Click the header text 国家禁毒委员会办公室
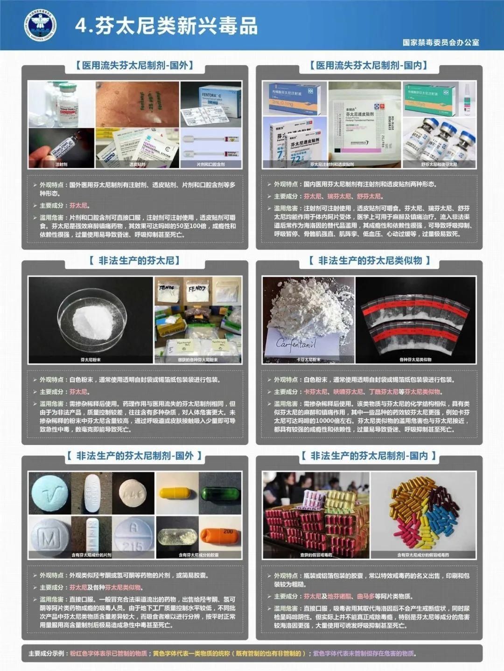[441, 42]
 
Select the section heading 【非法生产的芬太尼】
[134, 261]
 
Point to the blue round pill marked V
[49, 493]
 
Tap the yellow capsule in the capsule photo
[177, 493]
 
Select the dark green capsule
[220, 493]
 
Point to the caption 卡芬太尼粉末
[308, 360]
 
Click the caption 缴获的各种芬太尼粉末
[198, 360]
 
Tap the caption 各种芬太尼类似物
[415, 360]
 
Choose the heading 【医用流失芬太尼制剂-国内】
[369, 66]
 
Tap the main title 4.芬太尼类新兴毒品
[167, 26]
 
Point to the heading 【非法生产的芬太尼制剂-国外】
[134, 456]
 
